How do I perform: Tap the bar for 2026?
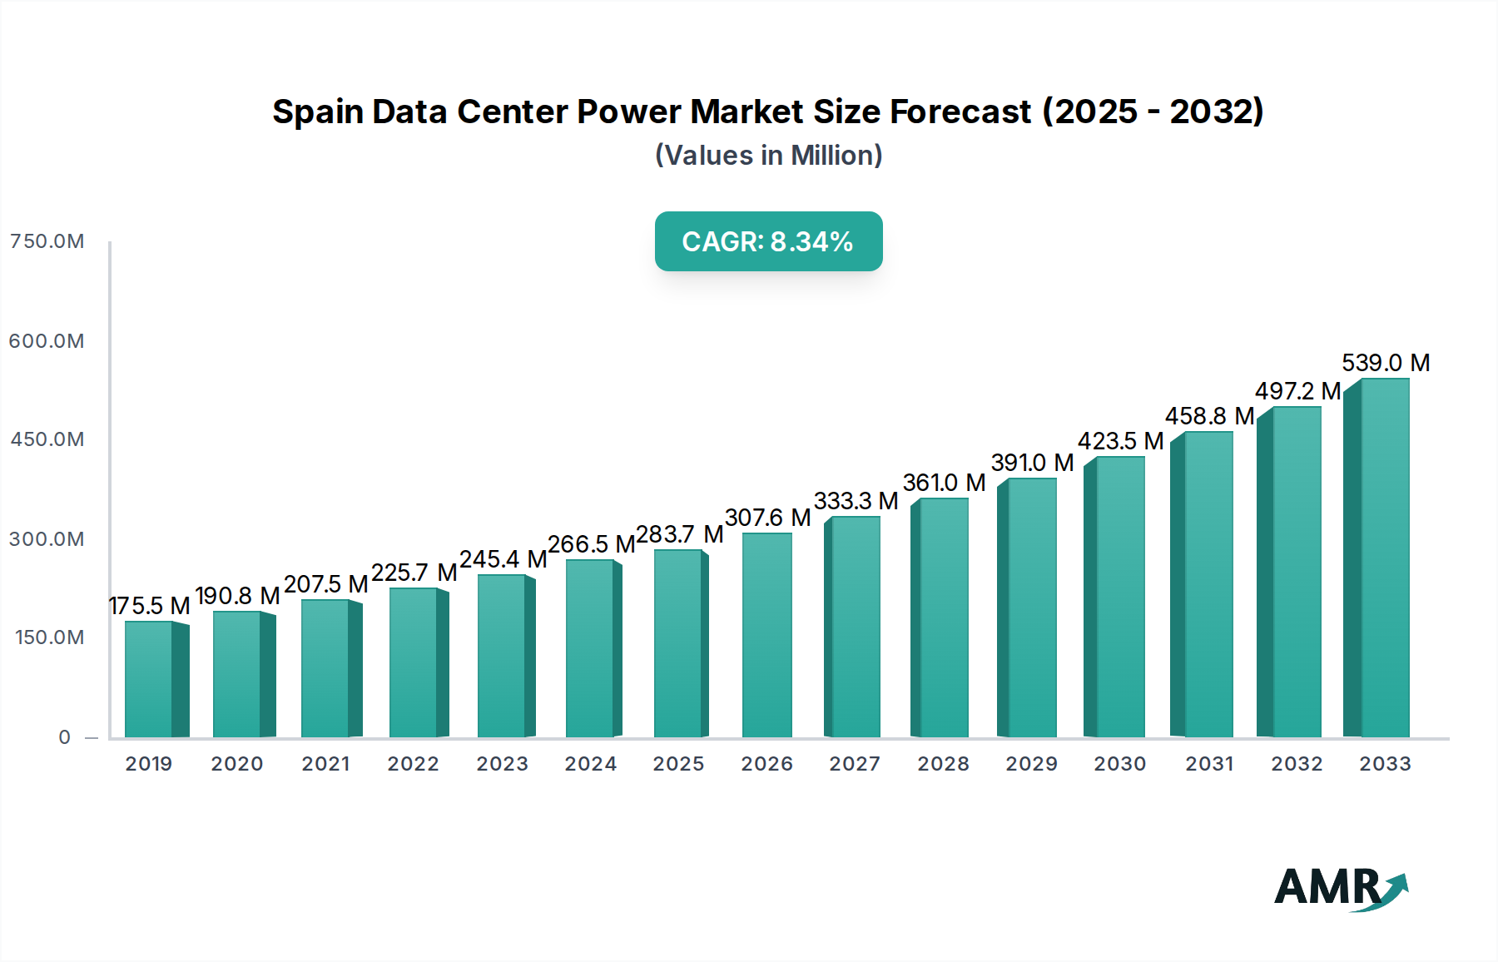(x=766, y=636)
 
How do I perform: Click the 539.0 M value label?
(x=1386, y=363)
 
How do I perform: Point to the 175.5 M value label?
(x=150, y=606)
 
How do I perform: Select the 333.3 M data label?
(x=856, y=501)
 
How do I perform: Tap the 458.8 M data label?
(x=1209, y=416)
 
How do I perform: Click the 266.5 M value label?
(x=591, y=544)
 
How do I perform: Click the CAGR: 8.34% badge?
(x=768, y=241)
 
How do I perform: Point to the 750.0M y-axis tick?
(x=47, y=241)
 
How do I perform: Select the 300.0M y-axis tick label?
(x=47, y=539)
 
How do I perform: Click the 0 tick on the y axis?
(x=65, y=737)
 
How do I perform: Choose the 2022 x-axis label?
(x=413, y=764)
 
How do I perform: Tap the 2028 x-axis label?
(x=943, y=764)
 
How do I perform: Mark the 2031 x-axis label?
(x=1209, y=764)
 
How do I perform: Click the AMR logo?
(x=1340, y=888)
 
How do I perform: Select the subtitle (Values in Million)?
(x=768, y=156)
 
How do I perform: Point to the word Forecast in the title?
(x=960, y=112)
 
